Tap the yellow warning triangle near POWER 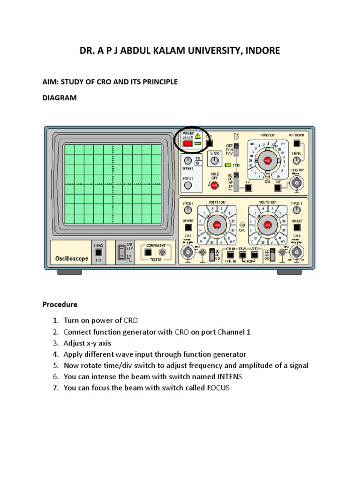tap(197, 136)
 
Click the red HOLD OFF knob tap(214, 186)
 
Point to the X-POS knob tap(215, 161)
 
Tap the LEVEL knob tap(296, 161)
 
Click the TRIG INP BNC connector tap(296, 186)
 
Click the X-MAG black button tap(98, 252)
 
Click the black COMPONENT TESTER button tap(148, 252)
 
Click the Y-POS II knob tap(297, 210)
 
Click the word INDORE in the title tap(262, 51)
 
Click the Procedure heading tap(60, 304)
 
